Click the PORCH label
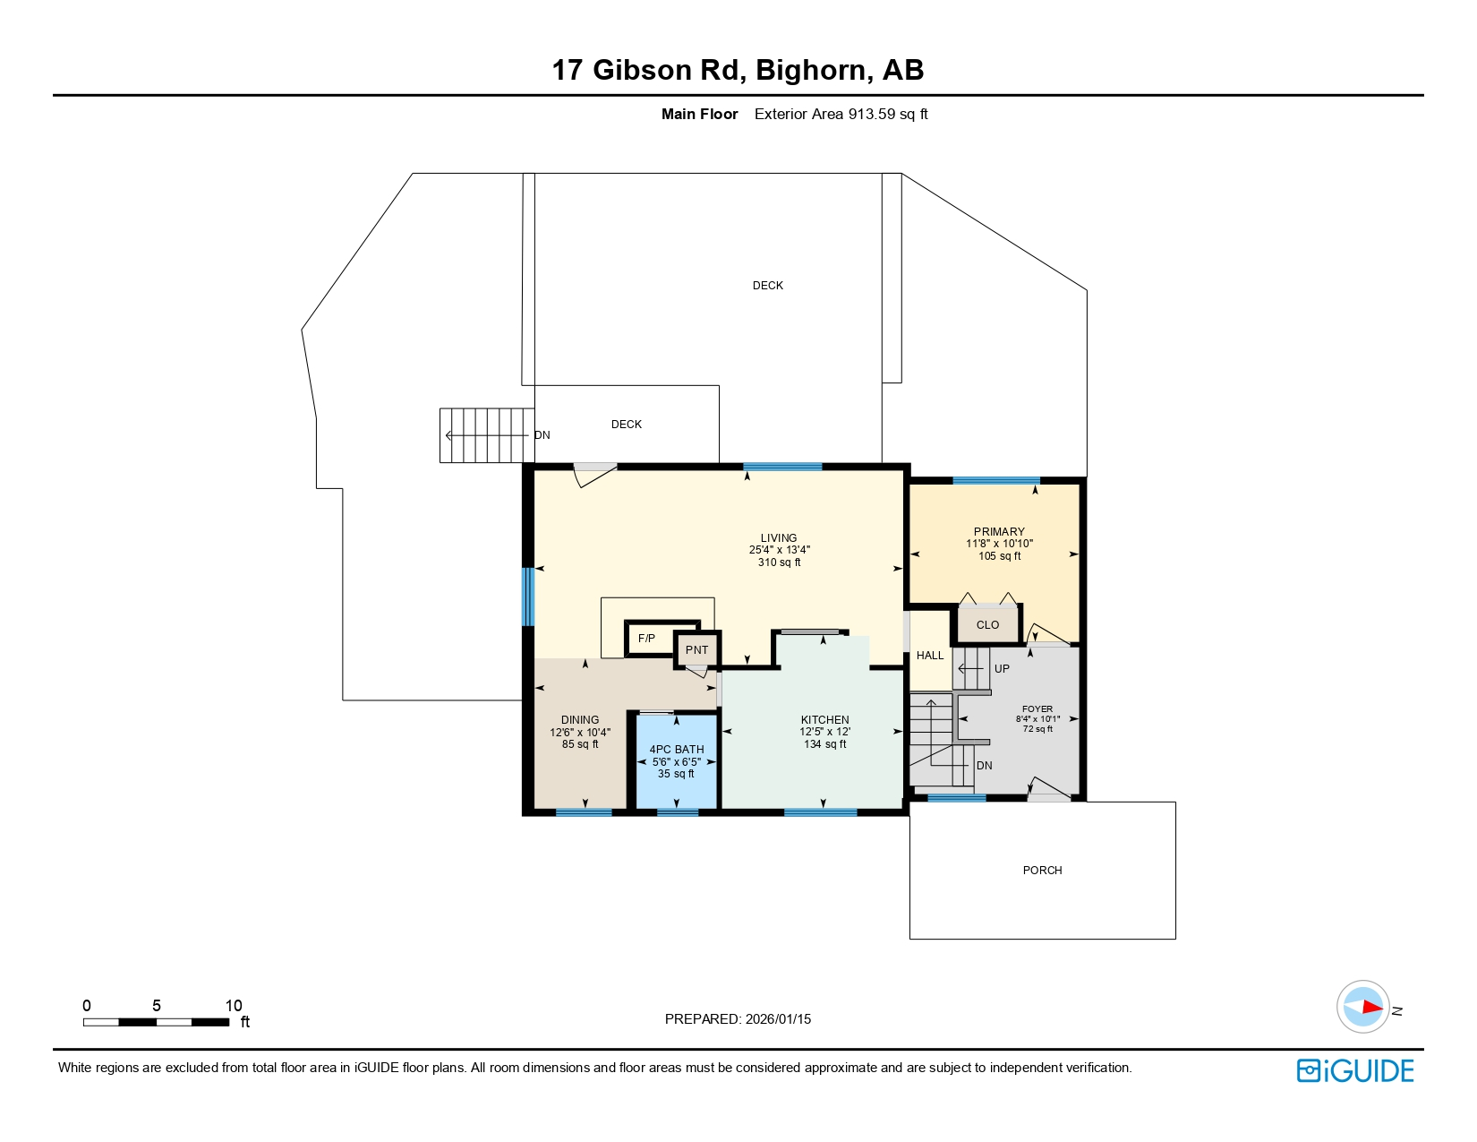click(1042, 870)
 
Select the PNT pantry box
click(696, 649)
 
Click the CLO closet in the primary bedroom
click(987, 624)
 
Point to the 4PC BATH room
click(677, 760)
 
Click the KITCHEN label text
click(824, 719)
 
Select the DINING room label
click(580, 719)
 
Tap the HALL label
click(930, 655)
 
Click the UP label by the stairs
click(1002, 668)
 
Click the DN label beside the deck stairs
click(542, 435)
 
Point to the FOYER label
click(1037, 708)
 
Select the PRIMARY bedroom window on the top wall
click(995, 481)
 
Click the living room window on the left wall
click(528, 596)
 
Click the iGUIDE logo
click(1355, 1070)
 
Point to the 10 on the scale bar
click(234, 1005)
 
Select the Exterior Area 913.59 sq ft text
click(841, 114)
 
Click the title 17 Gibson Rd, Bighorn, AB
click(738, 70)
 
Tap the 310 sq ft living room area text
click(779, 562)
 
